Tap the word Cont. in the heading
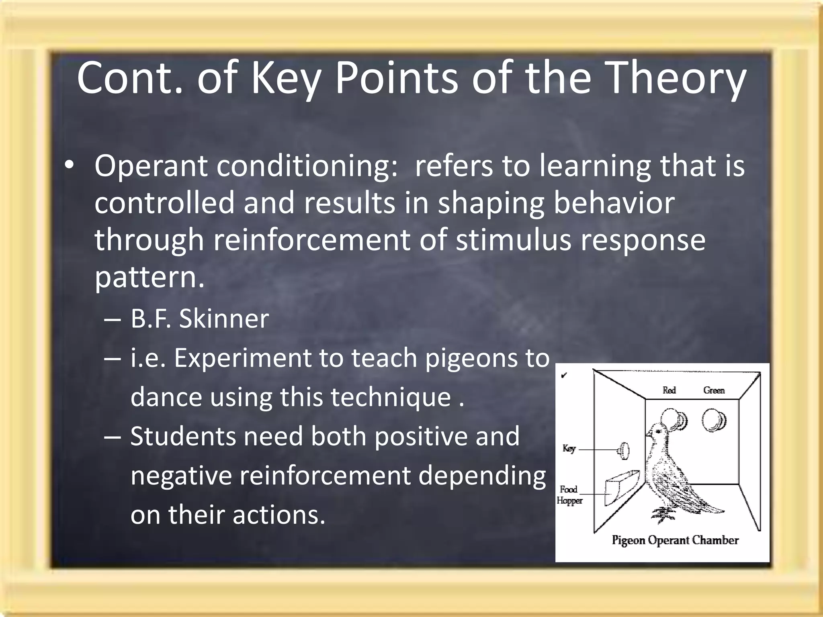click(129, 78)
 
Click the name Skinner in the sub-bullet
click(224, 319)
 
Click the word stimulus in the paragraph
click(513, 240)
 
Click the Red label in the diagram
click(669, 390)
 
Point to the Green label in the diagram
click(714, 390)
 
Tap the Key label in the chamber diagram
click(569, 448)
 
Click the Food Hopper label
click(569, 495)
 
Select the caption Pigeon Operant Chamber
click(675, 540)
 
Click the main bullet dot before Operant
click(70, 166)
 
